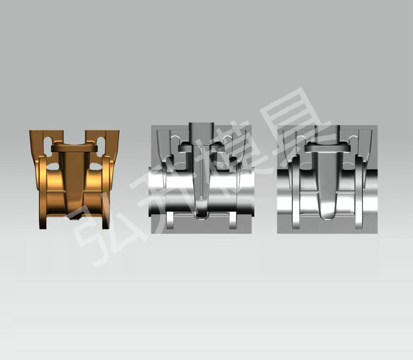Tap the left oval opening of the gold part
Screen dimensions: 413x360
coord(53,166)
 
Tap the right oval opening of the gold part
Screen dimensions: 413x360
coord(96,166)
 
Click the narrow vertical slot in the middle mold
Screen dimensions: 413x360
coord(202,172)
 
